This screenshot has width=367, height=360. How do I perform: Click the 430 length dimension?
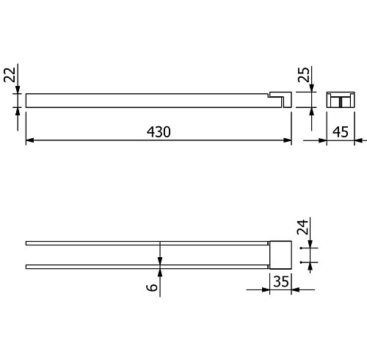pos(159,132)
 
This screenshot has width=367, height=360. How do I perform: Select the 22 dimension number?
pos(10,75)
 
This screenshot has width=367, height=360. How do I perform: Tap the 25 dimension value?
pos(303,75)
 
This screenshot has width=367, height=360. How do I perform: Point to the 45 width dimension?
pos(341,132)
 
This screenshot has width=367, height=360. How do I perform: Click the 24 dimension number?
pos(302,227)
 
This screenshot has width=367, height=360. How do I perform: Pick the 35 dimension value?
pos(281,281)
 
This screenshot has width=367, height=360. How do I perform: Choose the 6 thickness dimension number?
pos(152,287)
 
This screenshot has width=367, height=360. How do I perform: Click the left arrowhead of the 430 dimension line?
pos(29,140)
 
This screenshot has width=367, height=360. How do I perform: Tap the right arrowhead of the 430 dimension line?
pos(288,140)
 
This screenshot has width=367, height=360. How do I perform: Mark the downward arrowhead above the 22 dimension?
pos(18,90)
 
